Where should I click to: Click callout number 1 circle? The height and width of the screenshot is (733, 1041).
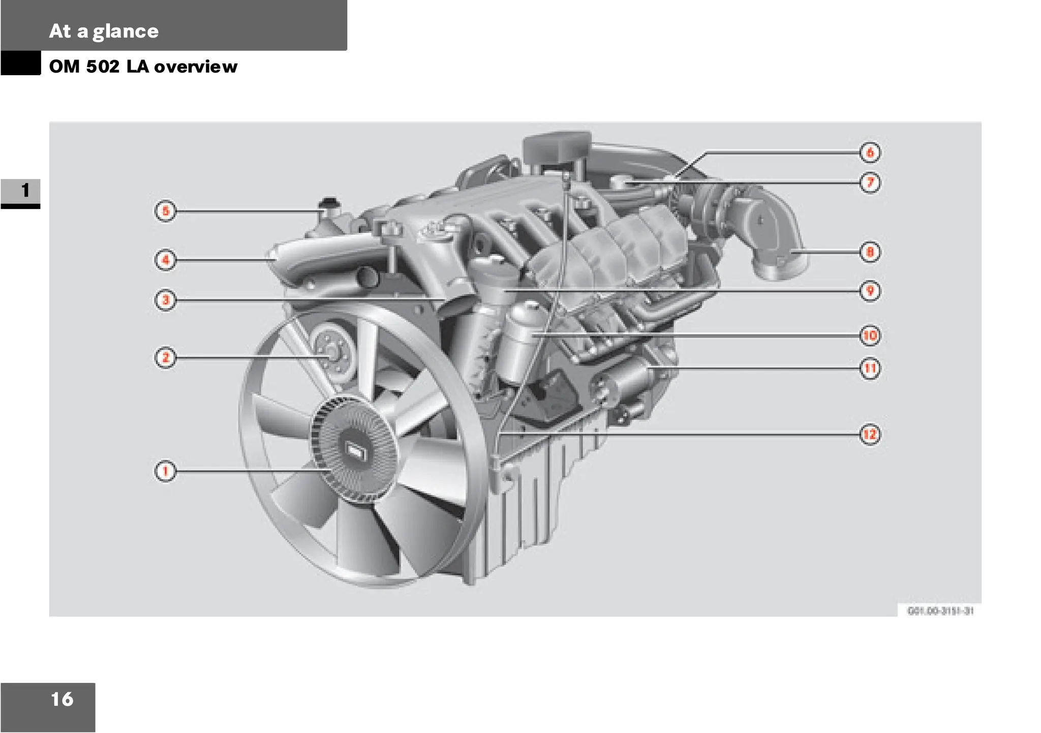(x=165, y=471)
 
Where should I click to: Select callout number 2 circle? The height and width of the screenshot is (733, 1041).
(x=165, y=358)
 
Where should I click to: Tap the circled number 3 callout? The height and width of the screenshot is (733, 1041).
(x=165, y=300)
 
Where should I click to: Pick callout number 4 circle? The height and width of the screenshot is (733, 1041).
(x=165, y=260)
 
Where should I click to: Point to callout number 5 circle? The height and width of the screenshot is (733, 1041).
(x=165, y=211)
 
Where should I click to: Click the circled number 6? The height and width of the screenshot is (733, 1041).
(x=870, y=152)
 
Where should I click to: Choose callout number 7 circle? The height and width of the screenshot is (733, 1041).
(x=870, y=182)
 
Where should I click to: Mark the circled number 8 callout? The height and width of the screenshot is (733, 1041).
(x=870, y=252)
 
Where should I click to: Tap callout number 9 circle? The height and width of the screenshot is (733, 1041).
(x=870, y=291)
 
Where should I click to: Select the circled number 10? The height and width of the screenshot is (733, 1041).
(x=870, y=335)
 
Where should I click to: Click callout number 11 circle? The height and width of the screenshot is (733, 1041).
(x=870, y=369)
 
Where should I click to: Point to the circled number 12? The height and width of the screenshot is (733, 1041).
(x=870, y=435)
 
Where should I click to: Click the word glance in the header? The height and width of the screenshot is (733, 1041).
(x=126, y=32)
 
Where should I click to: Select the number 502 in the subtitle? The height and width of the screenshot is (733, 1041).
(x=103, y=67)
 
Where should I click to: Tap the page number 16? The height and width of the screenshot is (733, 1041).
(x=62, y=699)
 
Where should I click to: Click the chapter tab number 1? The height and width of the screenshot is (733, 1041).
(x=25, y=191)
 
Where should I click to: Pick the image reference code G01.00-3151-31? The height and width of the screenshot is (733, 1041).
(x=940, y=611)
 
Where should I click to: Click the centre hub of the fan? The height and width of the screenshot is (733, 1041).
(x=355, y=450)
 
